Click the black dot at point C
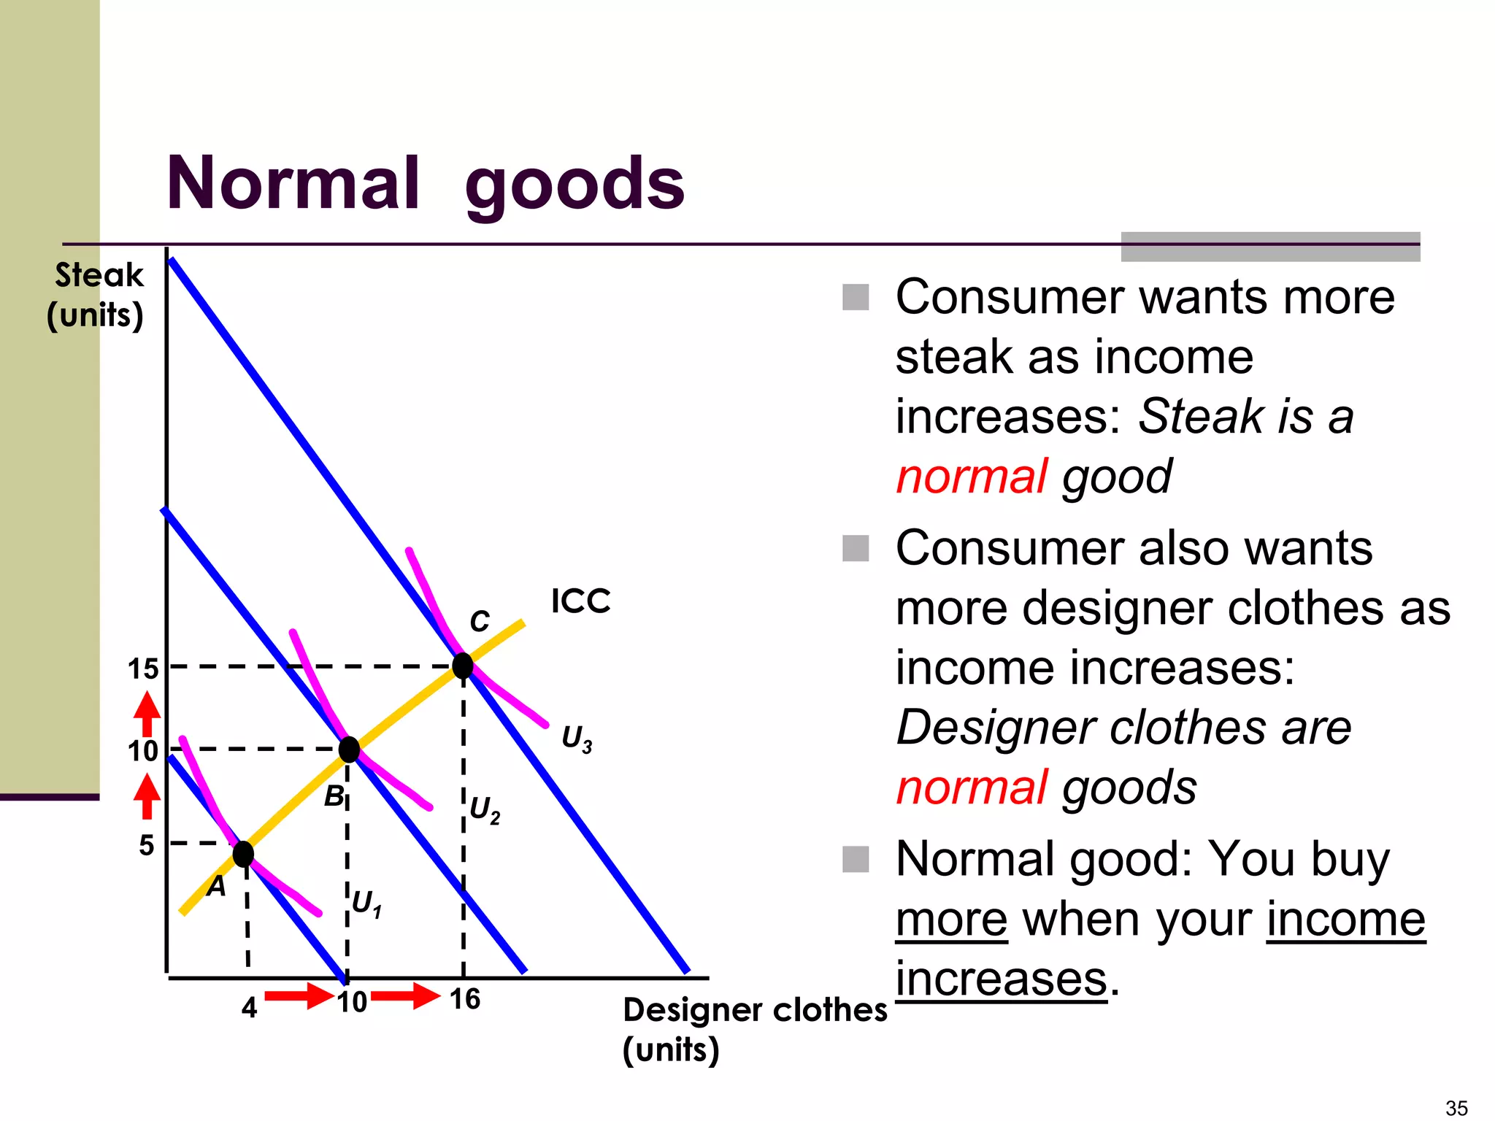[x=463, y=666]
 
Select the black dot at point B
[x=349, y=750]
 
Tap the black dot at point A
[x=243, y=854]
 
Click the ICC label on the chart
[x=580, y=601]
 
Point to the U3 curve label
[x=576, y=738]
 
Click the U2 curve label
[x=485, y=809]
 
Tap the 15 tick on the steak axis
[x=143, y=669]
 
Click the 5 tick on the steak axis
[x=147, y=845]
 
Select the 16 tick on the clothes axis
[x=464, y=999]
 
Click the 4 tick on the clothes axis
[x=249, y=1008]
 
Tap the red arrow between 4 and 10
[x=299, y=995]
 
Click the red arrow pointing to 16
[x=405, y=995]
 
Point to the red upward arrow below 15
[x=147, y=714]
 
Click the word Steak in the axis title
[x=100, y=275]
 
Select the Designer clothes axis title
[x=754, y=1011]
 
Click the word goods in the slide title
[x=574, y=185]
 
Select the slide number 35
[x=1456, y=1108]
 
